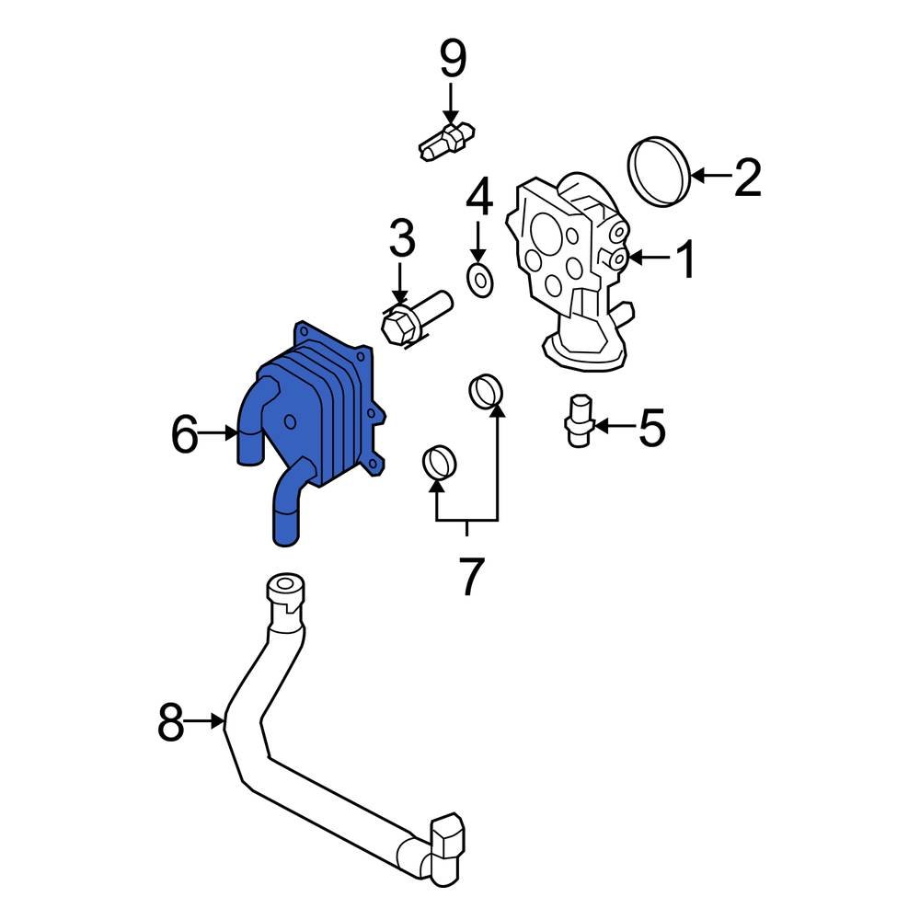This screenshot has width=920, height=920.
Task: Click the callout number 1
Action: [x=686, y=259]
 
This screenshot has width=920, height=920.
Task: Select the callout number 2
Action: [x=747, y=178]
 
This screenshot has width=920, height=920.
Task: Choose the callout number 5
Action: [x=651, y=428]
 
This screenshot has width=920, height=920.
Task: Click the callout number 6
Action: [x=184, y=434]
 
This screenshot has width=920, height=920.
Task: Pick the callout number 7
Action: [x=469, y=576]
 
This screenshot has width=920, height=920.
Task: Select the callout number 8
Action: [x=171, y=723]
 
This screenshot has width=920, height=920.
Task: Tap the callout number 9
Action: [x=452, y=60]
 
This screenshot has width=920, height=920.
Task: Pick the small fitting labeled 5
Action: [x=578, y=420]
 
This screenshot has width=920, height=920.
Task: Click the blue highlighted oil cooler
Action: [x=313, y=414]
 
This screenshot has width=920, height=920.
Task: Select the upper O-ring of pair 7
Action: [x=487, y=391]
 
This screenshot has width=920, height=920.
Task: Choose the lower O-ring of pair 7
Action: [x=438, y=461]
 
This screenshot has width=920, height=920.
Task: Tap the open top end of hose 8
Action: [x=283, y=586]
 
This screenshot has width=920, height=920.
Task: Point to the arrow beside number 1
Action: [x=650, y=259]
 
